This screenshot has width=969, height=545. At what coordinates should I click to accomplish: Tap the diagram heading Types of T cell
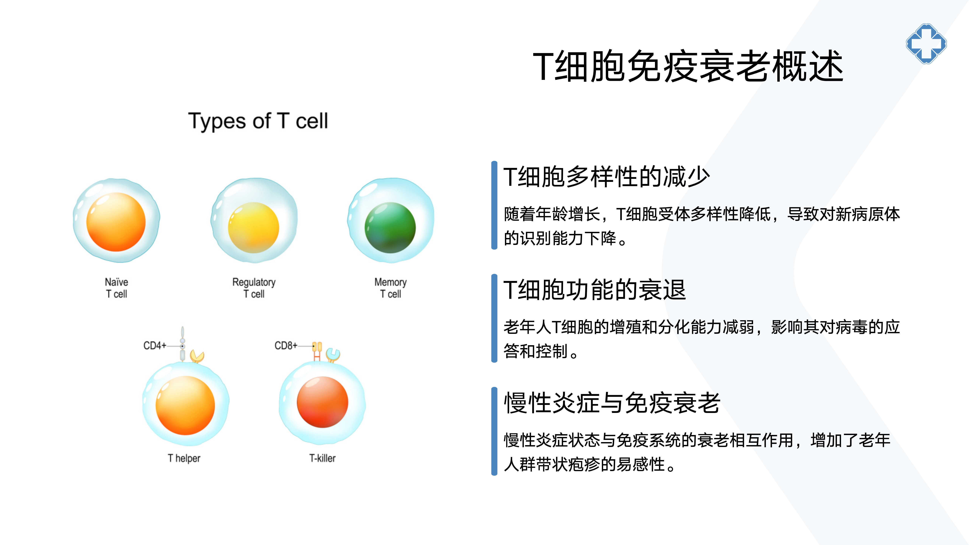click(x=258, y=121)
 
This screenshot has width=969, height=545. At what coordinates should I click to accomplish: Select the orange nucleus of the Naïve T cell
click(x=116, y=222)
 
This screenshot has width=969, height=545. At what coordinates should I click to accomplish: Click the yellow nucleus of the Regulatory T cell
click(x=254, y=227)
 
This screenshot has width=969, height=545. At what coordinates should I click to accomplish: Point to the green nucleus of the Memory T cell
click(x=390, y=227)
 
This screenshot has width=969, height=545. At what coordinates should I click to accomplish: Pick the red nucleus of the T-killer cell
click(x=322, y=402)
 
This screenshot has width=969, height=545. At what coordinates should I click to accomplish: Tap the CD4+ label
click(x=155, y=345)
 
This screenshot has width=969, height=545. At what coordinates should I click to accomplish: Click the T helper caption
click(x=184, y=458)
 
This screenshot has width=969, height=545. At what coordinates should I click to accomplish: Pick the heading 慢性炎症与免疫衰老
click(x=612, y=403)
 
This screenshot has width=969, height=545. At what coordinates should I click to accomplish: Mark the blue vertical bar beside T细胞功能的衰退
click(x=494, y=318)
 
